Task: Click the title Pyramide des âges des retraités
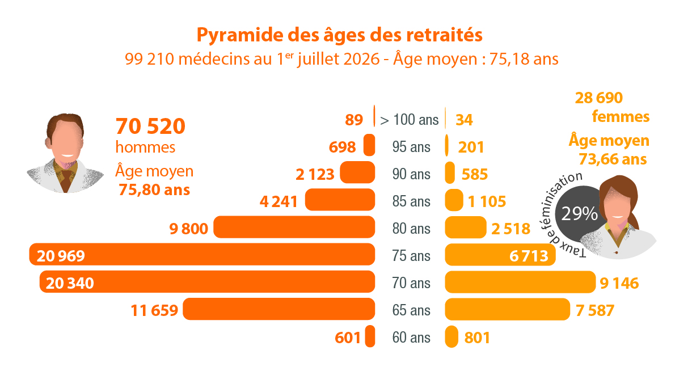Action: [x=339, y=35]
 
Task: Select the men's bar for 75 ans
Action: [x=202, y=254]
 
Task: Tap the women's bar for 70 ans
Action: [x=520, y=282]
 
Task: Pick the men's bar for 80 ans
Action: [x=294, y=227]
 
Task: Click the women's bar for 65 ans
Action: [x=507, y=309]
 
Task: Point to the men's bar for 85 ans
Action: [x=340, y=200]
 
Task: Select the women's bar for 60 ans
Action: [x=452, y=336]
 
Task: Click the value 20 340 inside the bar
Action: [x=70, y=283]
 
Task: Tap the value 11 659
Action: [x=154, y=310]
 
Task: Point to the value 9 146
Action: [x=619, y=283]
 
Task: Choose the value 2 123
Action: [x=315, y=174]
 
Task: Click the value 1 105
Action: [x=487, y=201]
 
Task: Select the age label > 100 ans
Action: [x=410, y=120]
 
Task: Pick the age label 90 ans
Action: [x=411, y=174]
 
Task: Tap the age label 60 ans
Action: [x=411, y=338]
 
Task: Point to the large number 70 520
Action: [x=150, y=126]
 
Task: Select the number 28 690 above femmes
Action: [x=599, y=98]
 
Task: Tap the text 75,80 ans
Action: [x=154, y=190]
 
